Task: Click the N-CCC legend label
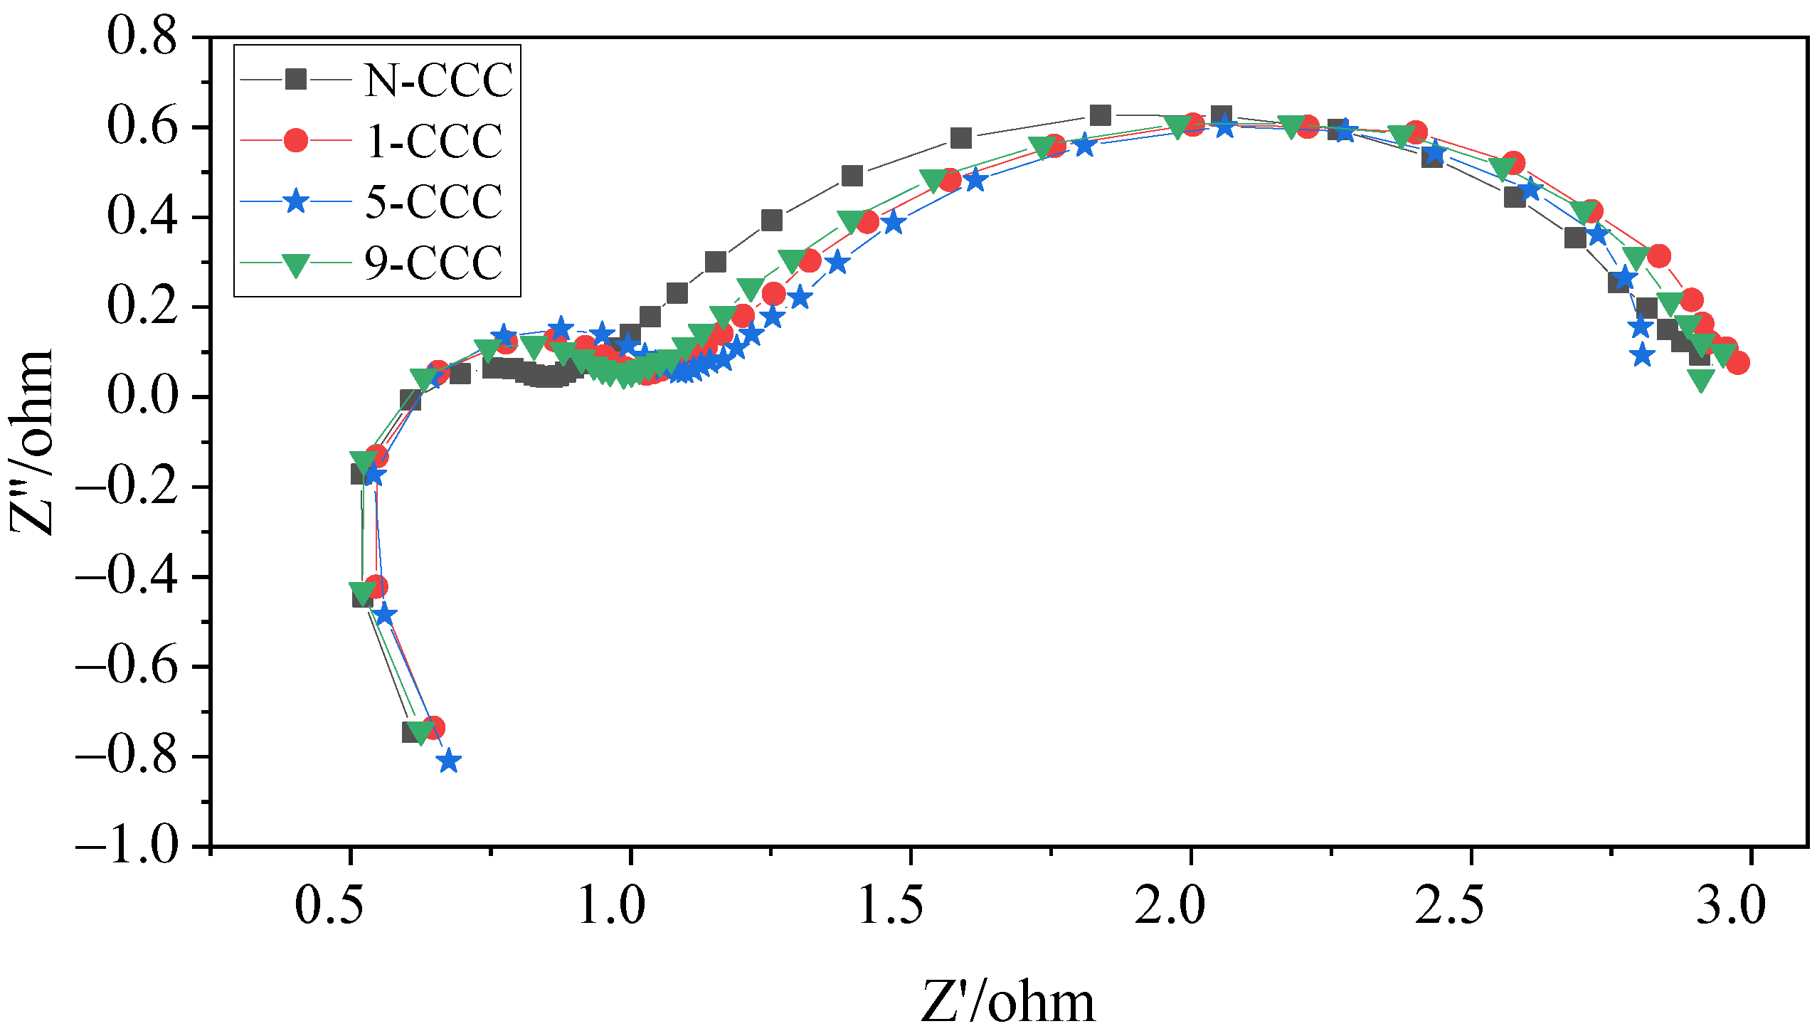tap(438, 80)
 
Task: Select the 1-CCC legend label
tap(433, 141)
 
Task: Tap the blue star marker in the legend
tap(296, 201)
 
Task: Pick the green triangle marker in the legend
tap(296, 264)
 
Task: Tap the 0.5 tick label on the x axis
tap(330, 905)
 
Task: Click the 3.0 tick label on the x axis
tap(1730, 905)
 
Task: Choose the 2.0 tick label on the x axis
tap(1170, 905)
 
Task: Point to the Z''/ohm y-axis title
tap(32, 441)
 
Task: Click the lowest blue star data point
tap(449, 761)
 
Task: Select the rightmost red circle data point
tap(1737, 363)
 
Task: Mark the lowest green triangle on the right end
tap(1701, 381)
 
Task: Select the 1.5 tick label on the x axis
tap(891, 905)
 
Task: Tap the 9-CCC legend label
tap(433, 263)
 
